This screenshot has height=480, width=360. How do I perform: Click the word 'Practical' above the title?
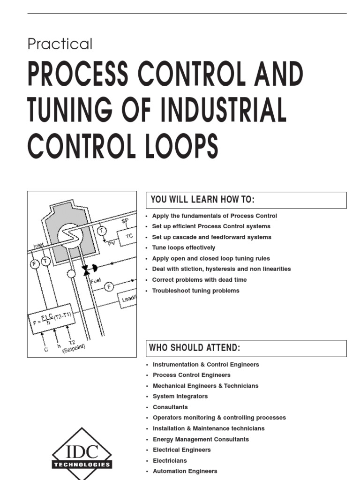60,44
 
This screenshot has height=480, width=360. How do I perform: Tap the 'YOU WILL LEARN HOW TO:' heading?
202,200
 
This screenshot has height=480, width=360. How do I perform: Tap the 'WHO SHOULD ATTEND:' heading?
195,348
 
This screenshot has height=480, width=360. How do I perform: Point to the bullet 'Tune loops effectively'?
184,247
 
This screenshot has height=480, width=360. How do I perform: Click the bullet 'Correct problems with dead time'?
199,280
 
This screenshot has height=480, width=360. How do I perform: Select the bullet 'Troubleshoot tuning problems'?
195,291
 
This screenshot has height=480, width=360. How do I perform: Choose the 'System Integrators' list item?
180,396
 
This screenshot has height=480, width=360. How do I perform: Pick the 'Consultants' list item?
170,407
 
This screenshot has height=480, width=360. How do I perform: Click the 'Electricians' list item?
170,461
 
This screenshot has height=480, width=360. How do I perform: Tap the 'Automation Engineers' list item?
185,471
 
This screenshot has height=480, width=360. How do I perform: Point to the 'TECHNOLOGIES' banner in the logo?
82,465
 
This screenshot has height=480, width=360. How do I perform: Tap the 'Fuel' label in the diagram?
96,280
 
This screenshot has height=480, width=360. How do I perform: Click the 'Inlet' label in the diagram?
38,245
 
